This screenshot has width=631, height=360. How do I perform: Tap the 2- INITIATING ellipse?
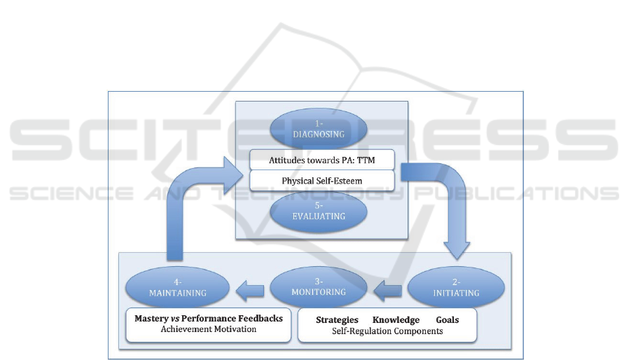(x=455, y=288)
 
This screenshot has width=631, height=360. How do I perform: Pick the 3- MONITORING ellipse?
(x=319, y=287)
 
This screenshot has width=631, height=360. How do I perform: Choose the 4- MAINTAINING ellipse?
(x=178, y=288)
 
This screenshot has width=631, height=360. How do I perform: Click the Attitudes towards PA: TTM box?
(x=321, y=160)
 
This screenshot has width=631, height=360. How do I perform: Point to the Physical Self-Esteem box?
(x=321, y=180)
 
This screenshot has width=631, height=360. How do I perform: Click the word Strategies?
(x=337, y=320)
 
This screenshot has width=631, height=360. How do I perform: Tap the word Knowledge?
(x=396, y=320)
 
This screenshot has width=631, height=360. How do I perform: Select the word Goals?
(x=448, y=320)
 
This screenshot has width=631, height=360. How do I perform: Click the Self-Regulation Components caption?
(x=387, y=331)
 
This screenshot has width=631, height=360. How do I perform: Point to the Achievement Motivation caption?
(x=209, y=328)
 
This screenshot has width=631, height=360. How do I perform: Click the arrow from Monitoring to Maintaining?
(x=249, y=287)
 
